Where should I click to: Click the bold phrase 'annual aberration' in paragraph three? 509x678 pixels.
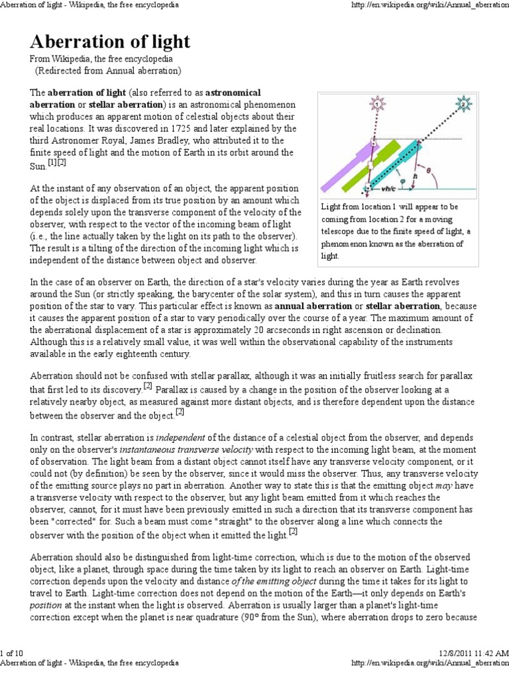[x=312, y=307]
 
